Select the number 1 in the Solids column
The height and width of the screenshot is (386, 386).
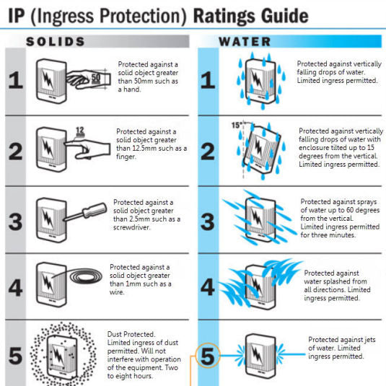16,79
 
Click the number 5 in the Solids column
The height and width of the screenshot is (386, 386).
16,355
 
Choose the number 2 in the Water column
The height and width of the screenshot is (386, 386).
208,152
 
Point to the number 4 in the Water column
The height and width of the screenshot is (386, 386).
208,287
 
